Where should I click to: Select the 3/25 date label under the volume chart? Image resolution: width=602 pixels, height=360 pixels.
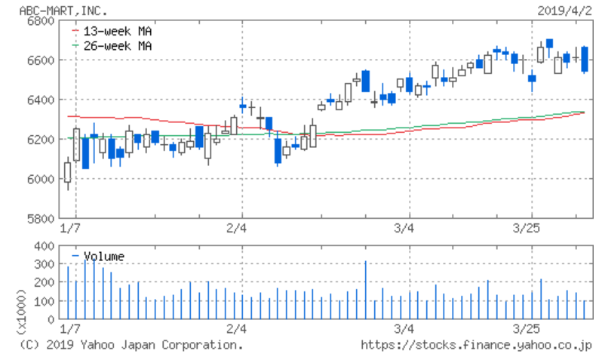point(529,329)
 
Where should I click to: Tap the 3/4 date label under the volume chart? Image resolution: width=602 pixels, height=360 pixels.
point(404,329)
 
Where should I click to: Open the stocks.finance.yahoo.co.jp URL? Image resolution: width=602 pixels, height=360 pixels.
point(475,345)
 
